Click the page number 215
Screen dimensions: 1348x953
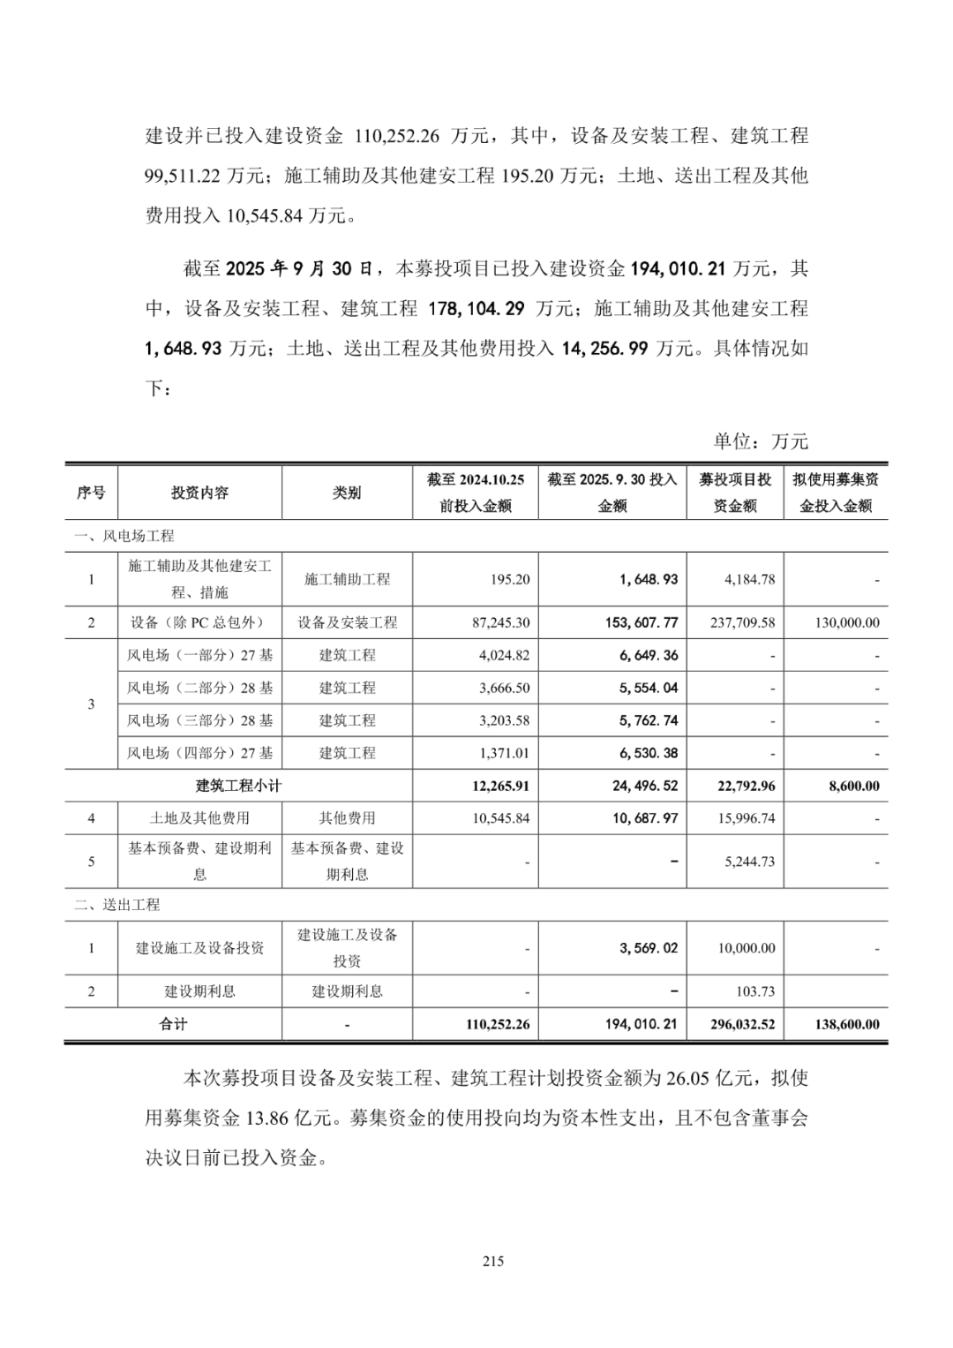pos(493,1261)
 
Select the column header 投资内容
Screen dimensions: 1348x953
pos(199,493)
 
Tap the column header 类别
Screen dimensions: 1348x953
pos(347,493)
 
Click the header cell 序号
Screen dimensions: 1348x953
pos(91,493)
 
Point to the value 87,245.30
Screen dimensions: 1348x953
pos(501,622)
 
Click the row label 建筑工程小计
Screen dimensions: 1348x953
pos(238,786)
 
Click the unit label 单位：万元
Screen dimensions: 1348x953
pos(761,441)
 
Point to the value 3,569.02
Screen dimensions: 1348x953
pos(649,948)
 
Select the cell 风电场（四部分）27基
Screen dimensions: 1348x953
pos(199,753)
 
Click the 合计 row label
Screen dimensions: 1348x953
pos(173,1024)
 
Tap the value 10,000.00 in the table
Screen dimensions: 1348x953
pos(747,948)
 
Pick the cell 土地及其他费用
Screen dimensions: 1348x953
pos(199,818)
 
